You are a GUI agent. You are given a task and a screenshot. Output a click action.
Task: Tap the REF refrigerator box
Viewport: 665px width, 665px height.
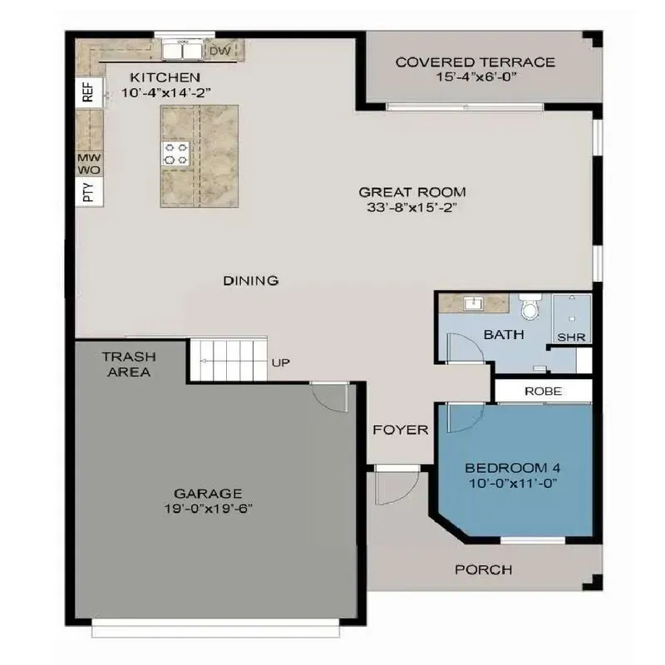point(88,92)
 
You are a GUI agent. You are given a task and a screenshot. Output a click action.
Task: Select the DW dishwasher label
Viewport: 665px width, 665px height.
point(219,52)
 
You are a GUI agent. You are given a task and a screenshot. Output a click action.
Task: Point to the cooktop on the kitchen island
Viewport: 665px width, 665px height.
point(177,153)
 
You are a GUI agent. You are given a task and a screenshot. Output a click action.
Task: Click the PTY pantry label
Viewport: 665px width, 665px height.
point(88,194)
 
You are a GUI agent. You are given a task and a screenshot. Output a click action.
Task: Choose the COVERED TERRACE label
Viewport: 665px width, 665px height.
point(475,62)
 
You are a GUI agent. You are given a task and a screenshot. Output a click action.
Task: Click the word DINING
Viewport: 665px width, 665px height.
point(250,281)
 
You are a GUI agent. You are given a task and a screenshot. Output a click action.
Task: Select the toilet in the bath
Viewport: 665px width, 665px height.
point(529,308)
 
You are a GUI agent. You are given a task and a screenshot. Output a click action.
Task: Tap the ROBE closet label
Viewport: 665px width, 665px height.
point(543,391)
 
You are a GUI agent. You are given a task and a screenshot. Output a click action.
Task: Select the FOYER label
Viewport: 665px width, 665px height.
point(400,430)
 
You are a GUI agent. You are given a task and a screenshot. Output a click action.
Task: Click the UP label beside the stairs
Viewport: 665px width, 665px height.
point(280,363)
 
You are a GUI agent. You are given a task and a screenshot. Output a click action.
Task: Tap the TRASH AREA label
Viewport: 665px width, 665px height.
point(127,364)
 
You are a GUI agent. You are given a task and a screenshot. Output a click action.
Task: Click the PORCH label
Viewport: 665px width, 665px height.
point(483,570)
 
